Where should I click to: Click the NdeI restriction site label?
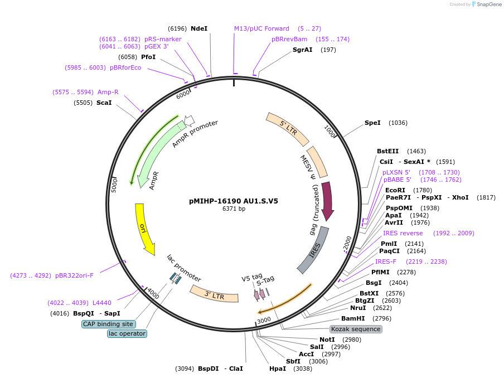(198, 28)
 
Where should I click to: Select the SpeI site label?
(372, 123)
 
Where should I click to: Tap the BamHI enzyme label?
(352, 318)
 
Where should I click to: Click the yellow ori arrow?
(144, 229)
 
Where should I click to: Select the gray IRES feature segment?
(313, 250)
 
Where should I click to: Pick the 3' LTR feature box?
(214, 294)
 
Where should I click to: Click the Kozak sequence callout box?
(356, 329)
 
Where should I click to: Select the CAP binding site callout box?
(108, 324)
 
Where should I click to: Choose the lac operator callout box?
(127, 333)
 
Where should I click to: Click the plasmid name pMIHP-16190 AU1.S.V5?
(234, 201)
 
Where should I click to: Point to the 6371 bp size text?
(234, 209)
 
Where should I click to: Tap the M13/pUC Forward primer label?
(261, 28)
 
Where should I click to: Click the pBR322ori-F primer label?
(74, 275)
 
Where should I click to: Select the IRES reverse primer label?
(403, 233)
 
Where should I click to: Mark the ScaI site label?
(104, 103)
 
